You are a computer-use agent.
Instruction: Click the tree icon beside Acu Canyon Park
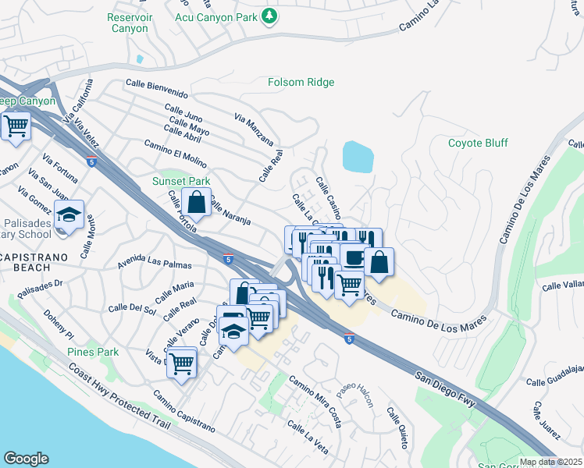[x=269, y=16]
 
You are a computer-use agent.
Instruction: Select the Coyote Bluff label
[x=478, y=143]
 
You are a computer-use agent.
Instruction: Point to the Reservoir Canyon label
[x=128, y=23]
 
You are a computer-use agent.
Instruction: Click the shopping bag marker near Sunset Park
[x=197, y=203]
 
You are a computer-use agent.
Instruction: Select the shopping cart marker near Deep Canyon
[x=15, y=126]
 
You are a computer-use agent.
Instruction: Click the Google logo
[x=26, y=459]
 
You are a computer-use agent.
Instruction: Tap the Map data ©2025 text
[x=551, y=462]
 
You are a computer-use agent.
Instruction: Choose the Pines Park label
[x=93, y=352]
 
